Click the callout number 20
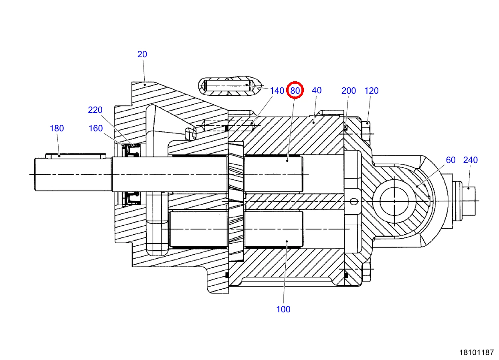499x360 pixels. click(x=142, y=54)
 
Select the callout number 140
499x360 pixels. click(x=277, y=91)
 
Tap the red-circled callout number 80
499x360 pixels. click(x=295, y=91)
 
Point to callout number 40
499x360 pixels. click(x=317, y=91)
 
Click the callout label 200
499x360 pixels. click(x=349, y=91)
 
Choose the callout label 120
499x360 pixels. click(x=372, y=91)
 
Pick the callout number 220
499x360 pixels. click(x=95, y=110)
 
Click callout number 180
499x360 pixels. click(x=57, y=129)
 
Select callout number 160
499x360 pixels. click(x=95, y=129)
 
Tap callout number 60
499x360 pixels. click(x=451, y=160)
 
